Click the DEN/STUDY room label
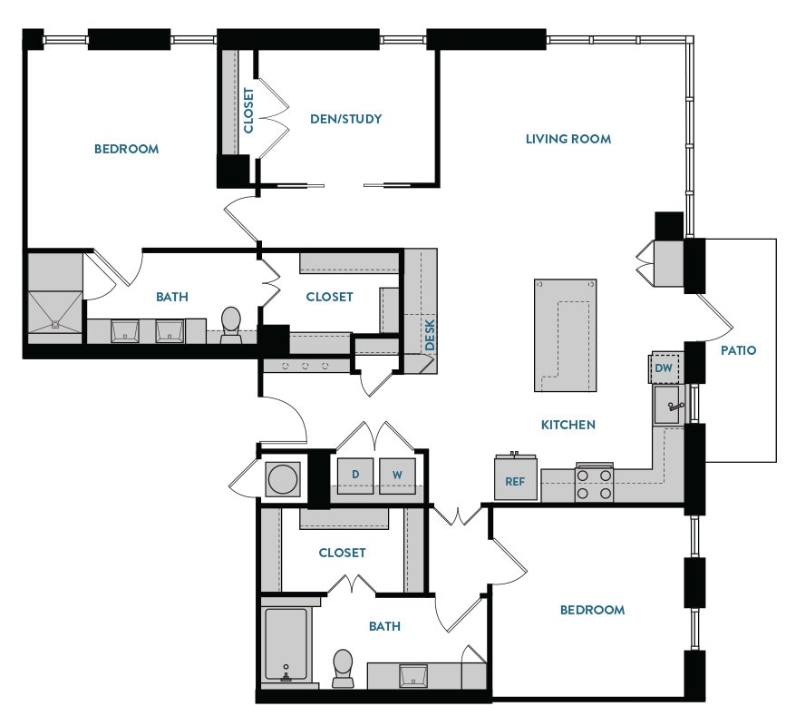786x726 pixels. pos(345,119)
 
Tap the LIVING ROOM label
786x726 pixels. pos(568,139)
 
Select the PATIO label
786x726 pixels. pos(739,350)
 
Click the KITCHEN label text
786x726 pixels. pos(568,425)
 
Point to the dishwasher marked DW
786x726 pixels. pos(664,368)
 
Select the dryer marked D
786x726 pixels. pos(354,475)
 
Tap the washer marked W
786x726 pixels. pos(396,475)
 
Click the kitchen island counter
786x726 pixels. pos(564,335)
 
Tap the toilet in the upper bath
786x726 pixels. pos(231,325)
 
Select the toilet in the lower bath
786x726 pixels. pos(343,669)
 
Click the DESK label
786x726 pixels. pos(430,333)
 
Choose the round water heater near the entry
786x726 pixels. pos(283,478)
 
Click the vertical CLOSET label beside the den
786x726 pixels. pos(249,111)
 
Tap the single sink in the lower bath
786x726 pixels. pos(413,675)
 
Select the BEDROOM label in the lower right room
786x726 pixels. pos(592,610)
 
